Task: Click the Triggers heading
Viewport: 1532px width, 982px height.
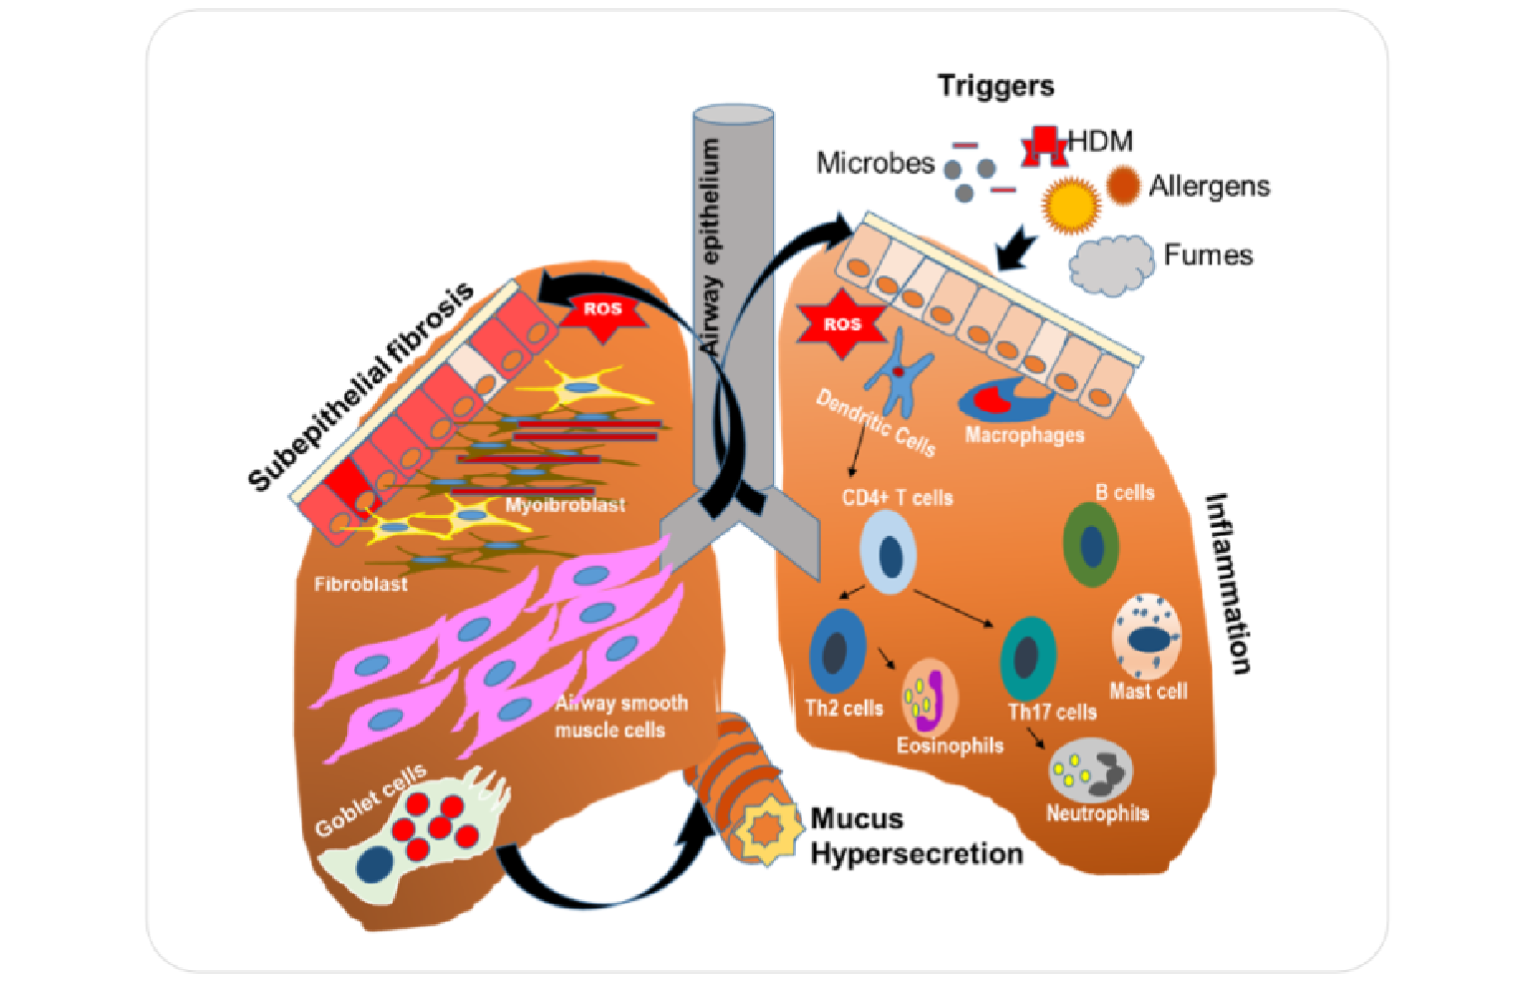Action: point(995,86)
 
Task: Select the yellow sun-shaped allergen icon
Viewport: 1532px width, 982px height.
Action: point(1070,205)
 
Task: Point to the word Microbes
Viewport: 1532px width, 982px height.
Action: point(875,163)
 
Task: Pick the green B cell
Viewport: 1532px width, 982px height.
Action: point(1090,545)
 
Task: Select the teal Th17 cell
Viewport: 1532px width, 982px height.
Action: point(1028,658)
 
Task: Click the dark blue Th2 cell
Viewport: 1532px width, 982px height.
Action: point(837,651)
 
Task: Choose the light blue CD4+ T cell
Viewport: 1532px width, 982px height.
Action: point(889,552)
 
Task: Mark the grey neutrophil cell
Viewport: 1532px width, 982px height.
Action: point(1091,770)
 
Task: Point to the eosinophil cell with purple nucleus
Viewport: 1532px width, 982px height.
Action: point(930,698)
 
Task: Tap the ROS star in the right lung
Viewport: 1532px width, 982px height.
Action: point(842,324)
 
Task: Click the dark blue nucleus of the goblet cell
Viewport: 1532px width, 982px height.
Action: point(373,864)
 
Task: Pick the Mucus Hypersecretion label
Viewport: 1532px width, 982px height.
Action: point(916,836)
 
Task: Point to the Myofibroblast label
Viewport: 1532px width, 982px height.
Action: point(565,505)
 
